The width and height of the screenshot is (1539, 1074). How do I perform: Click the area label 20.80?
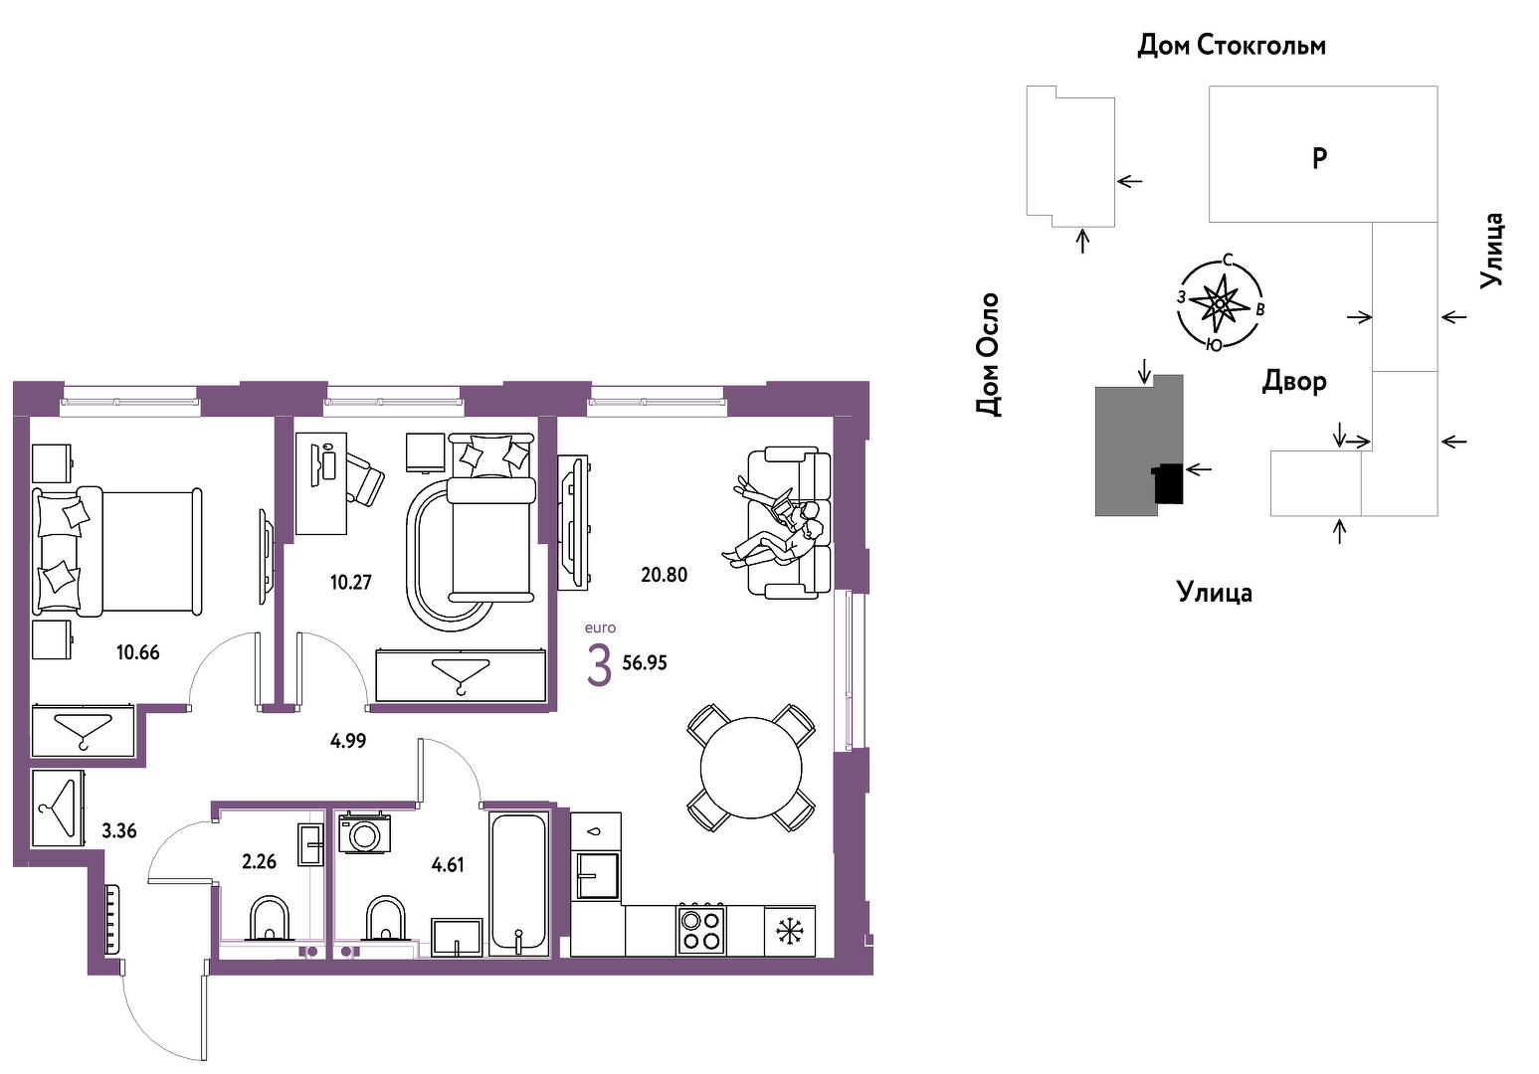[x=664, y=575]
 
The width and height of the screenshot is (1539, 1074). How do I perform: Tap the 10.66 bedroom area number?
[x=137, y=652]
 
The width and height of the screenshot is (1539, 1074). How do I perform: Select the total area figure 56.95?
[x=645, y=663]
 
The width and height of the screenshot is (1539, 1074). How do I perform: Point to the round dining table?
[x=751, y=769]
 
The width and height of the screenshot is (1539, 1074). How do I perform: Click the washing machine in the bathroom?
[x=364, y=833]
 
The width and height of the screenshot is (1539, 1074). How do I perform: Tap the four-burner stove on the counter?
[x=700, y=929]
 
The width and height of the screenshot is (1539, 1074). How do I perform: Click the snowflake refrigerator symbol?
[x=790, y=932]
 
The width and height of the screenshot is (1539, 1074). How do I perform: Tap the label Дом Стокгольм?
[x=1232, y=46]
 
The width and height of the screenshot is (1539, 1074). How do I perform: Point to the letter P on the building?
[x=1319, y=159]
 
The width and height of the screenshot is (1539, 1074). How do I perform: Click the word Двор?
[x=1293, y=382]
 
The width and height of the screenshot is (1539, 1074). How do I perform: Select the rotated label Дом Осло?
[x=987, y=354]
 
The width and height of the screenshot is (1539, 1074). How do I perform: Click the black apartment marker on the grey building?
[x=1167, y=483]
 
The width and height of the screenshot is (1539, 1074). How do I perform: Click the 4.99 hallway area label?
[x=348, y=741]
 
